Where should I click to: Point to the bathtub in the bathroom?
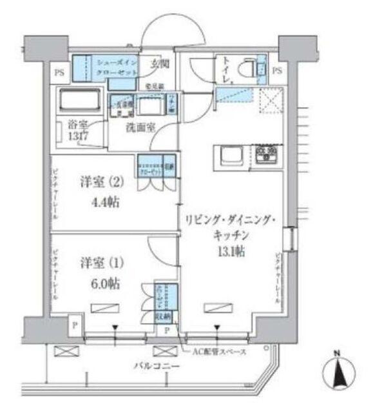pyautogui.click(x=78, y=101)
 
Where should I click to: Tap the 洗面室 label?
pyautogui.click(x=140, y=127)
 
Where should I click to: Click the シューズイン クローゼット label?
pyautogui.click(x=114, y=68)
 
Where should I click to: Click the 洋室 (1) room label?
pyautogui.click(x=101, y=264)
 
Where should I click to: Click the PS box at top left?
pyautogui.click(x=59, y=71)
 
